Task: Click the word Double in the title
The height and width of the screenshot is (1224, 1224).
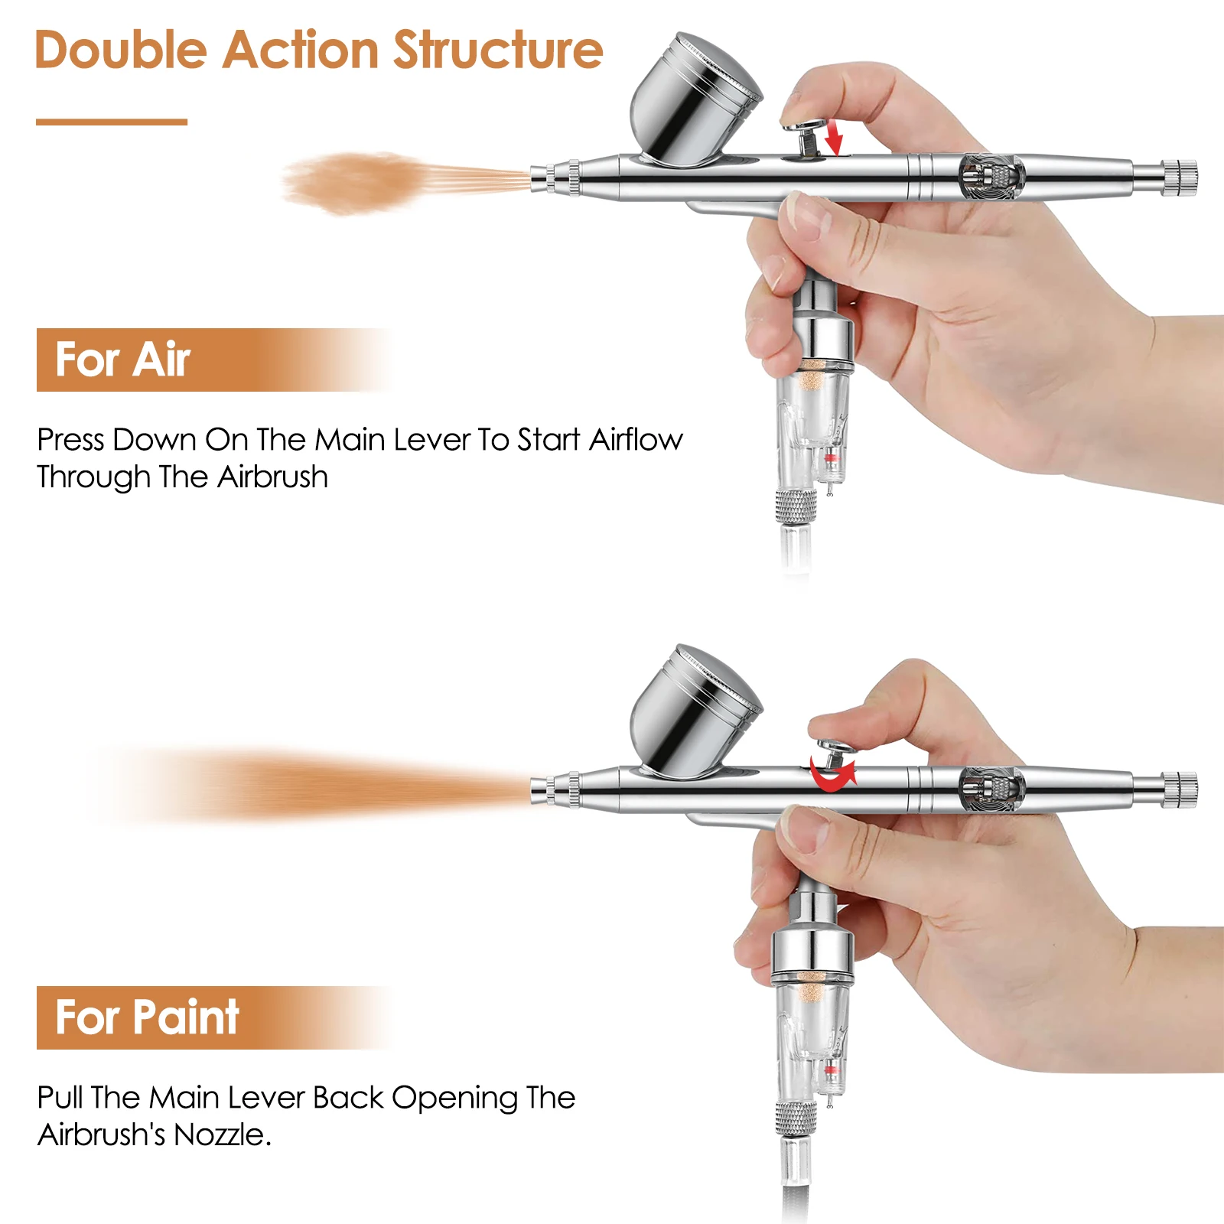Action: point(121,50)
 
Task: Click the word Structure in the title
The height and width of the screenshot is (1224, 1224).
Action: point(498,50)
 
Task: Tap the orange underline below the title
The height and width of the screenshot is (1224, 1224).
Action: point(112,122)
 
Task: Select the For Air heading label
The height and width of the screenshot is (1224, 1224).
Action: point(122,360)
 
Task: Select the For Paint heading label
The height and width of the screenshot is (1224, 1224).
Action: point(147,1017)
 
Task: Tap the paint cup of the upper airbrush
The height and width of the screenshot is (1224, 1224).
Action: point(692,101)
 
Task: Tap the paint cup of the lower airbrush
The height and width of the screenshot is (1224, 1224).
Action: point(692,713)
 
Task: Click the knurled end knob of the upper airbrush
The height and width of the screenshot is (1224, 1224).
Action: point(1179,177)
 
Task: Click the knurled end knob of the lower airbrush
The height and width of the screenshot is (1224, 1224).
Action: point(1179,789)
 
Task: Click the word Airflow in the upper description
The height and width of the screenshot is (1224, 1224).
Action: point(636,439)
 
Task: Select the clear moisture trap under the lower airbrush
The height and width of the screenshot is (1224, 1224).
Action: point(811,1040)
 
